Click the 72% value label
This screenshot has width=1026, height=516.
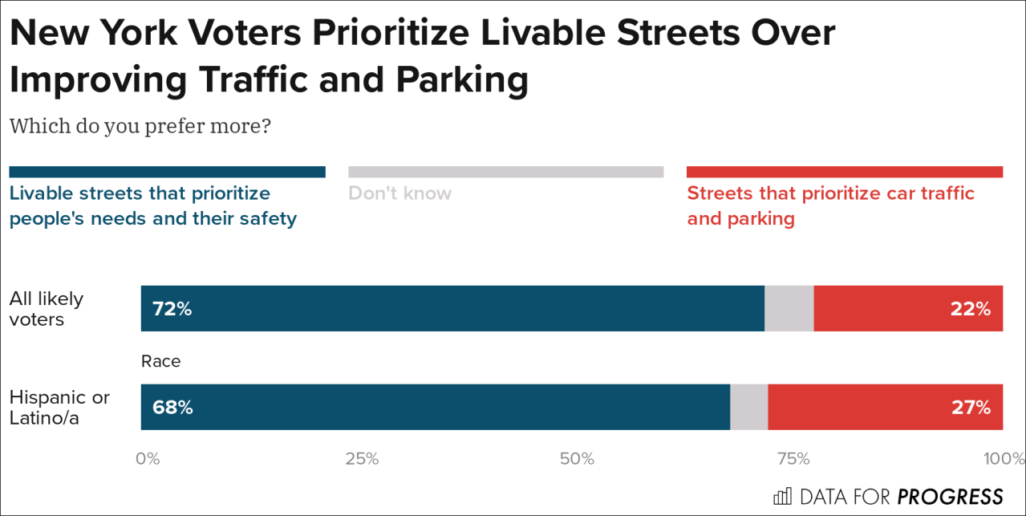pyautogui.click(x=172, y=309)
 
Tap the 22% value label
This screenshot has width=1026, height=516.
pyautogui.click(x=971, y=309)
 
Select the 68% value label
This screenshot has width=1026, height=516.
pyautogui.click(x=172, y=407)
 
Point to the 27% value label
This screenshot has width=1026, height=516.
pyautogui.click(x=971, y=407)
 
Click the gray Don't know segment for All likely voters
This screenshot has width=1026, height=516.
pyautogui.click(x=789, y=309)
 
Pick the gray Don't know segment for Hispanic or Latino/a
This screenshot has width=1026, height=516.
pyautogui.click(x=748, y=407)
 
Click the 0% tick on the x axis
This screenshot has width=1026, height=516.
pyautogui.click(x=148, y=459)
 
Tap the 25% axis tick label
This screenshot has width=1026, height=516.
pyautogui.click(x=362, y=459)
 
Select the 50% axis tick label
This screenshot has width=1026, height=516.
pyautogui.click(x=577, y=459)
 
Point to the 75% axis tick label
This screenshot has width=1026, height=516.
pyautogui.click(x=793, y=459)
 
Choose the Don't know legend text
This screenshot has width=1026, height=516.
pyautogui.click(x=399, y=193)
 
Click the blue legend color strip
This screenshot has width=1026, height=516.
pyautogui.click(x=167, y=172)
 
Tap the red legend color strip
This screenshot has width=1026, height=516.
pyautogui.click(x=845, y=172)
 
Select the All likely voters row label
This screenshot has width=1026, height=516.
pyautogui.click(x=47, y=309)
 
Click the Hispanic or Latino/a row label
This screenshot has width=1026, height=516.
pyautogui.click(x=59, y=407)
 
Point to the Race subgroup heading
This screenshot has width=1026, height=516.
pyautogui.click(x=161, y=361)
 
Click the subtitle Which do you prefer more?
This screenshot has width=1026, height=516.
pyautogui.click(x=140, y=127)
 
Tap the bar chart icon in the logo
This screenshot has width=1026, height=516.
pyautogui.click(x=782, y=496)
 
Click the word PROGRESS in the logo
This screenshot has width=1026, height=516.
pyautogui.click(x=950, y=496)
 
